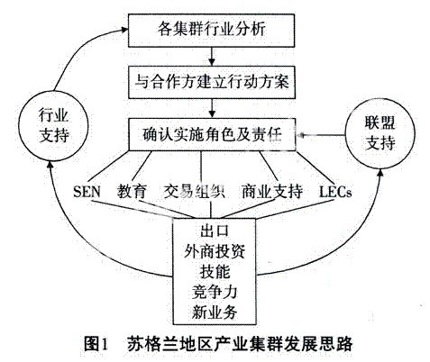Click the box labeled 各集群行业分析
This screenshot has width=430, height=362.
click(211, 31)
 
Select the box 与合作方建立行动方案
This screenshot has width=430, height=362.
click(212, 82)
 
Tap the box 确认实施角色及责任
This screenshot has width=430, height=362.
click(212, 134)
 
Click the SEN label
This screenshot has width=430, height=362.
click(87, 191)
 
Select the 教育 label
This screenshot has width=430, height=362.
click(132, 191)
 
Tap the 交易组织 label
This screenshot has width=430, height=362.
click(194, 191)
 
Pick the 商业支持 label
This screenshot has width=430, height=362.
click(272, 191)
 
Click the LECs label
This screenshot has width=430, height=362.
click(335, 192)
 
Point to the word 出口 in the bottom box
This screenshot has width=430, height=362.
click(215, 231)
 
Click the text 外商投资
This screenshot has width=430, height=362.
click(215, 251)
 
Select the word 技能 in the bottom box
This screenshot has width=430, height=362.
click(215, 272)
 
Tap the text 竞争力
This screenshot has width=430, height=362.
click(215, 292)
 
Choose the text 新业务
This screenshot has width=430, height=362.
click(215, 312)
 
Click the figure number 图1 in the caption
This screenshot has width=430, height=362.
click(96, 344)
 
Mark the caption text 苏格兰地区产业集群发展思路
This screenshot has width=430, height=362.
click(240, 344)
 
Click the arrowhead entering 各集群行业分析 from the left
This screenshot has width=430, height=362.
click(124, 30)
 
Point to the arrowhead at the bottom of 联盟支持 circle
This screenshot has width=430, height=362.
click(380, 172)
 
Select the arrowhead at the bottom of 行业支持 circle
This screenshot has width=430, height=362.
click(50, 165)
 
